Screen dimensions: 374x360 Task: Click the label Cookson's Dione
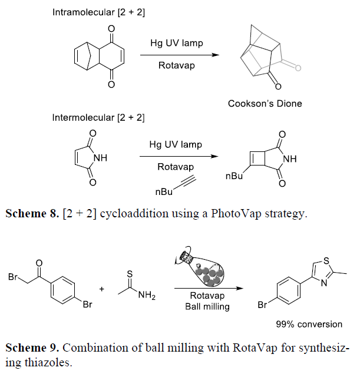pos(265,104)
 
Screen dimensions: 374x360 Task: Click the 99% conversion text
pos(309,324)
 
